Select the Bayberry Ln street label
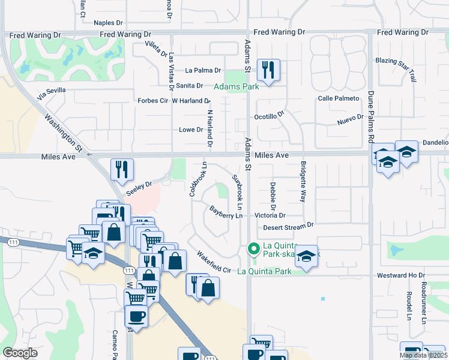[x=226, y=211]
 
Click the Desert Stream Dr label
[x=288, y=227]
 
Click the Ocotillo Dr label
[x=268, y=117]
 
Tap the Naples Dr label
[x=108, y=23]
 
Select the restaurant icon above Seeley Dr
[x=122, y=169]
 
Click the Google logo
[x=20, y=353]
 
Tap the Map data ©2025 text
[x=422, y=355]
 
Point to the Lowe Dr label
[x=191, y=130]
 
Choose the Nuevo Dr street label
[x=351, y=121]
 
